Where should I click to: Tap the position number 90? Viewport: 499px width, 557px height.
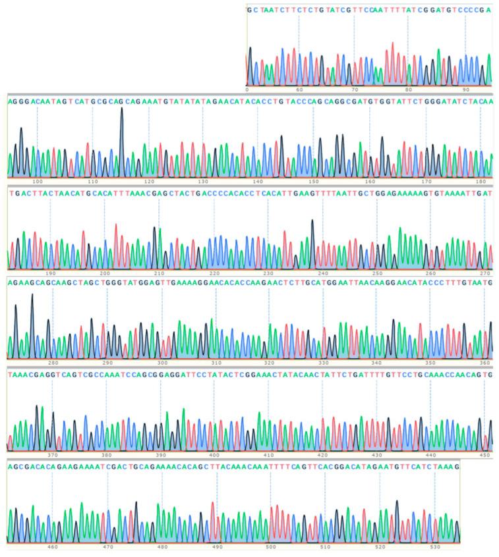465,89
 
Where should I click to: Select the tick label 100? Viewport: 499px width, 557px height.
37,180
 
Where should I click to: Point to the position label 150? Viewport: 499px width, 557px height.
314,180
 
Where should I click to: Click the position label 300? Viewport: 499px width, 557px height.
162,363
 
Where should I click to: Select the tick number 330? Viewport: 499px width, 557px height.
323,363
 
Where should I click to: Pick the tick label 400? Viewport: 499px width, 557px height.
214,454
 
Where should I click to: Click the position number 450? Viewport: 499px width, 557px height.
484,454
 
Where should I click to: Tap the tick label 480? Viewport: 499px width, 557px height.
162,546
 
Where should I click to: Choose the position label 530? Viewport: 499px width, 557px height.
434,546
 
